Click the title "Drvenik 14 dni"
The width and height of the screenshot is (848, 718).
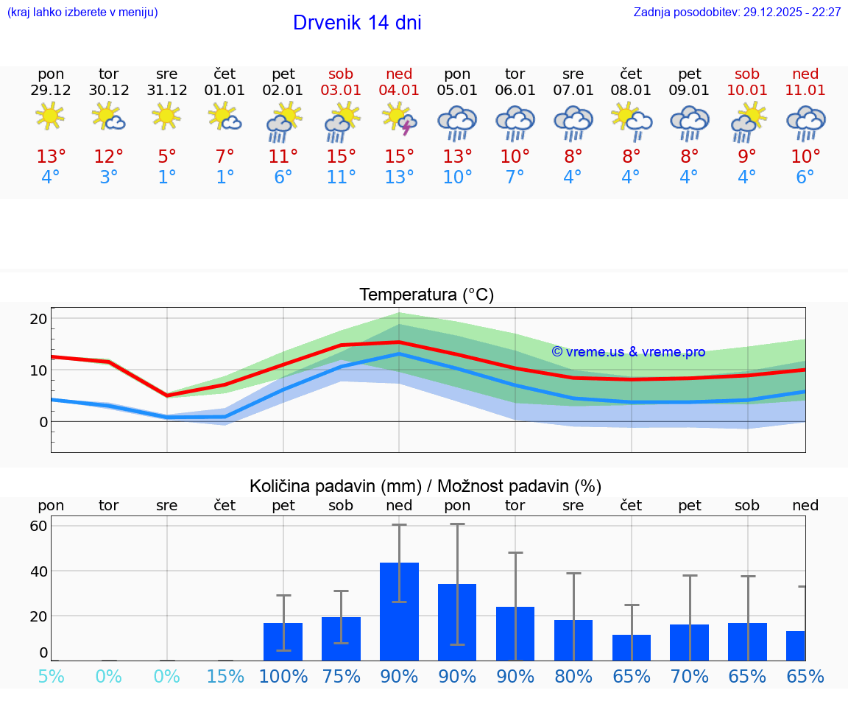click(x=357, y=23)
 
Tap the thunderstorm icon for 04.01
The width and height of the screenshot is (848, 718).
click(x=400, y=119)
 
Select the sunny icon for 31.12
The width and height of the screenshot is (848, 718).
click(x=166, y=116)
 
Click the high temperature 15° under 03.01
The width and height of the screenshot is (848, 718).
click(x=342, y=157)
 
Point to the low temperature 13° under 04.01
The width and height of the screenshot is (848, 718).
click(x=399, y=177)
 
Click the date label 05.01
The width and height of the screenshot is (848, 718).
click(x=457, y=91)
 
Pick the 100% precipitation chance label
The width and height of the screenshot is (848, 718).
click(x=283, y=676)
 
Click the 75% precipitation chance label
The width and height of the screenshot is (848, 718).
click(x=342, y=676)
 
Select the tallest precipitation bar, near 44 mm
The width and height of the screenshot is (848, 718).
click(x=399, y=611)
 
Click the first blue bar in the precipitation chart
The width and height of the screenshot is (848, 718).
click(x=283, y=641)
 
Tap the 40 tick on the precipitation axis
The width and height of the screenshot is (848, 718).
click(x=38, y=571)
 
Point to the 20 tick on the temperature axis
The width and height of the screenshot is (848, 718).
click(x=38, y=319)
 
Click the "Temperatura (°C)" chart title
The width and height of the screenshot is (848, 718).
click(x=426, y=295)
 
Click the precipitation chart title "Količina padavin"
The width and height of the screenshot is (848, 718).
click(x=425, y=486)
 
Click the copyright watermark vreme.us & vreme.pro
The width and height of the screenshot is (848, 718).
click(x=629, y=352)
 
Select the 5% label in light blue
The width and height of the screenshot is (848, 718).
click(x=51, y=676)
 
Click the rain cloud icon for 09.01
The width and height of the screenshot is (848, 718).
click(x=690, y=122)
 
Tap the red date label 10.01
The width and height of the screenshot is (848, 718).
click(x=747, y=91)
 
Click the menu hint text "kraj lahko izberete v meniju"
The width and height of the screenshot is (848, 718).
click(x=82, y=13)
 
